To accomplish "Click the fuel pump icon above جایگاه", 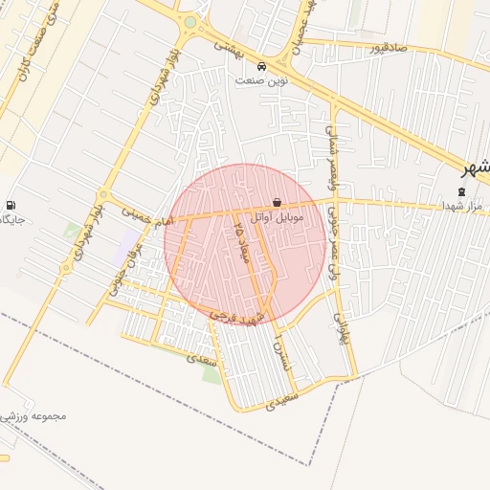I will (x=11, y=205).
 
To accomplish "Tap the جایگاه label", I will (x=10, y=220).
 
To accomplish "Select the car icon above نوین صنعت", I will (x=262, y=66).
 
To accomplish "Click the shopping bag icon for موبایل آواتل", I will (x=277, y=203).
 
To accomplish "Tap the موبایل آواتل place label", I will (x=277, y=218).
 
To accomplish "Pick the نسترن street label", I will (x=279, y=354).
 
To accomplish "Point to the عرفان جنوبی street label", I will (x=122, y=269).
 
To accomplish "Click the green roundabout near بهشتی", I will (x=189, y=22).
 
